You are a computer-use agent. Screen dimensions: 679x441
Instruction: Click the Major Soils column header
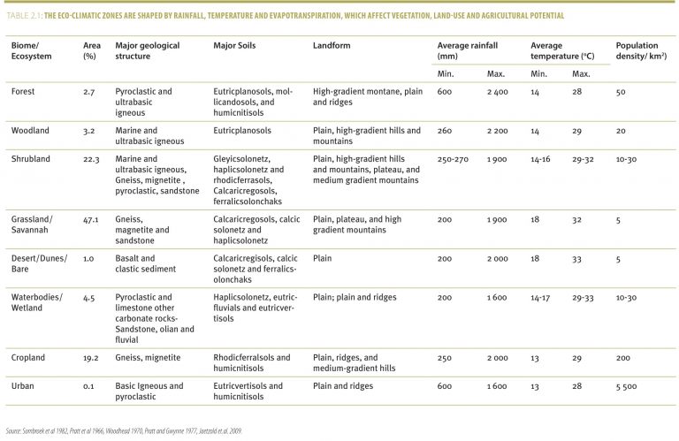tap(234, 45)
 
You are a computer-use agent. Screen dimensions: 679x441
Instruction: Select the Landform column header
tap(332, 45)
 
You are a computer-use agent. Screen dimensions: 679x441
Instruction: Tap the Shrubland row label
tap(30, 159)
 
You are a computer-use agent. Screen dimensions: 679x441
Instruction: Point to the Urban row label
tap(22, 386)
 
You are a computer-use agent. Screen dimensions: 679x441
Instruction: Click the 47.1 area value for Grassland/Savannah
tap(90, 220)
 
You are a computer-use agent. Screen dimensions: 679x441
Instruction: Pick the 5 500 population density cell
tap(626, 386)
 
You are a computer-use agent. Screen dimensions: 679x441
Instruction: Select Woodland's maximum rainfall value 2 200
tap(497, 131)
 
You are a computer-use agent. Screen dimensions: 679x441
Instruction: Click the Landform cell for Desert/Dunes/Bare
tap(322, 258)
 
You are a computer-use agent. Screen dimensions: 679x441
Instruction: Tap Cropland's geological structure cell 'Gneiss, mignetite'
tap(148, 358)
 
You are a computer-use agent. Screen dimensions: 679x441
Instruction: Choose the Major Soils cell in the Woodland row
tap(242, 131)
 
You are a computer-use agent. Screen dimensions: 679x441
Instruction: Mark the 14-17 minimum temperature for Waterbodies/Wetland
tap(540, 298)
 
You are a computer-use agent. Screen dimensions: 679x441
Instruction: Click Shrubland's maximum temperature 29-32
tap(583, 159)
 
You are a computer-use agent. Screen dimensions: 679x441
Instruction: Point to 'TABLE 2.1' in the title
tap(24, 16)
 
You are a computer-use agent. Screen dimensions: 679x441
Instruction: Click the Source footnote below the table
tap(124, 431)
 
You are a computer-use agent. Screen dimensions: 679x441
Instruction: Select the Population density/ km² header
tap(641, 50)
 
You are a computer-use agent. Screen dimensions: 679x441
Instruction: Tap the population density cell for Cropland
tap(622, 358)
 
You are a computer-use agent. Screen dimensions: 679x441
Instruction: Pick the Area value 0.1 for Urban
tap(88, 386)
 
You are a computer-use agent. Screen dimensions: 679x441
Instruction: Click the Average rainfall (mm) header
tap(467, 50)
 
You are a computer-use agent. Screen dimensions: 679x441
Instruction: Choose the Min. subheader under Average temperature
tap(538, 74)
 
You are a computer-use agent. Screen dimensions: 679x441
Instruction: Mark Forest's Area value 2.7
tap(88, 92)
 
